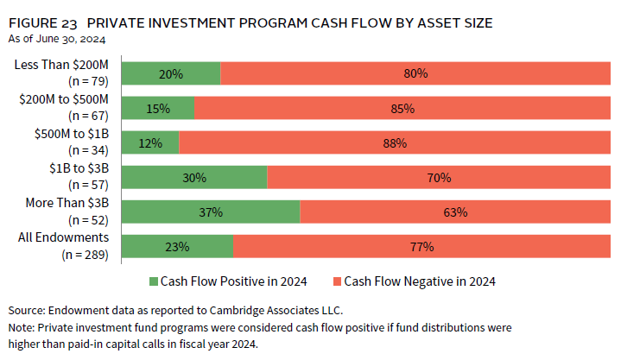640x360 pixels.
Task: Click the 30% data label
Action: pos(194,178)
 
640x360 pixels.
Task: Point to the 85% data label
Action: pos(402,109)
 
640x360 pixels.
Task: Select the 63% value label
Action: pos(455,212)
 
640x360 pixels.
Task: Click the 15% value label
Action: pos(158,109)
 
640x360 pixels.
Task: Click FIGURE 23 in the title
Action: pos(41,23)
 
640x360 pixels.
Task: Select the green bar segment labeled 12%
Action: pos(150,142)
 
